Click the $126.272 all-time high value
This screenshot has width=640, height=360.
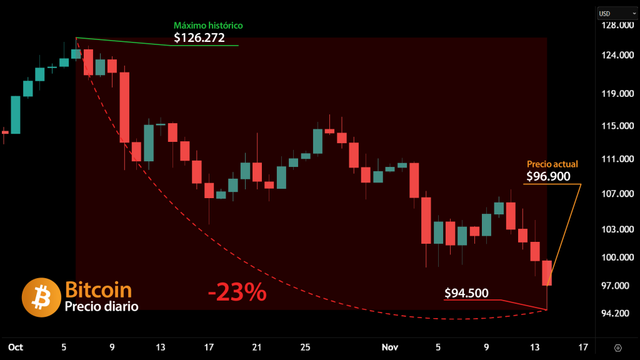(x=199, y=38)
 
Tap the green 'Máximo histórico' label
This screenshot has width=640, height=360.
(x=208, y=26)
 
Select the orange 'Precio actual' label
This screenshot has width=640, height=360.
(x=552, y=164)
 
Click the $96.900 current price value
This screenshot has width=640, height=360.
(x=548, y=177)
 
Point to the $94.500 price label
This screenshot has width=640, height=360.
(x=466, y=293)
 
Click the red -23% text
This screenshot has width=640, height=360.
(x=237, y=292)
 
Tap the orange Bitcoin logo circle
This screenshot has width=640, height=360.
(x=40, y=297)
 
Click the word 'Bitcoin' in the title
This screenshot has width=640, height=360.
(x=98, y=290)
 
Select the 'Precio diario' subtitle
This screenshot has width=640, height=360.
(x=101, y=306)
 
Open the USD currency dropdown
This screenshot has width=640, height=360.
(x=611, y=13)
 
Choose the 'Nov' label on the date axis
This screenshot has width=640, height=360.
(x=390, y=347)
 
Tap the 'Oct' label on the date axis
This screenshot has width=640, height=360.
(x=15, y=347)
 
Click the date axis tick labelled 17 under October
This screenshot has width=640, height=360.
(x=209, y=347)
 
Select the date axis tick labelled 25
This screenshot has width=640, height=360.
(x=305, y=347)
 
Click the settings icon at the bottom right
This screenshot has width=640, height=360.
(x=618, y=347)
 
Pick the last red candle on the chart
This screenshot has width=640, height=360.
(x=547, y=272)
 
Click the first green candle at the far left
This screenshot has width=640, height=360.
(x=15, y=115)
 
